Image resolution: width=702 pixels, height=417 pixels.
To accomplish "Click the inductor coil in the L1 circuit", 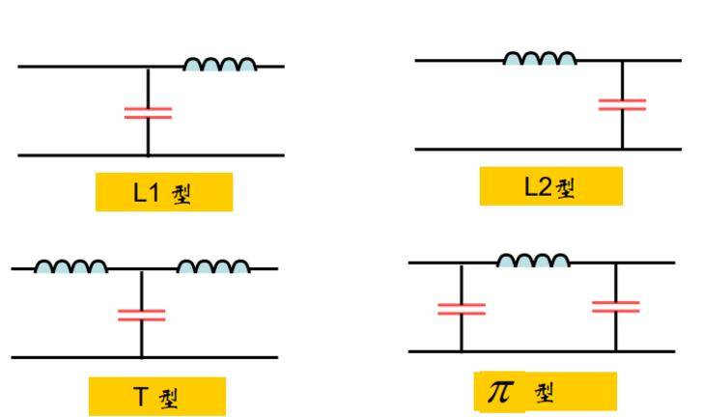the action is coord(220,65).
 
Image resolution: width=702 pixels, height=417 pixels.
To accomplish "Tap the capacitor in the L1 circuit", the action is coord(148,113).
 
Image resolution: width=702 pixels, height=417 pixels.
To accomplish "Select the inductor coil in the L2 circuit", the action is coord(540,59).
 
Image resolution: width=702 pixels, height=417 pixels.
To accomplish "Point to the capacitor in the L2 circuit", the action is coord(622,104).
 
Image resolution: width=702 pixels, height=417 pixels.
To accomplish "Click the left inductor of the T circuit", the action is coord(70,266).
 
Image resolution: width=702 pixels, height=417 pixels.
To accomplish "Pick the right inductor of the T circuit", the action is coord(213,266).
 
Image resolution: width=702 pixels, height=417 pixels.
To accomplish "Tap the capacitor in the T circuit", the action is coord(142,315).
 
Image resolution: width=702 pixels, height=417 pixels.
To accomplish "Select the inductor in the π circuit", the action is coord(533,261).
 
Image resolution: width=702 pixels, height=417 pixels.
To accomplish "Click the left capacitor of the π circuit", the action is coord(462,309).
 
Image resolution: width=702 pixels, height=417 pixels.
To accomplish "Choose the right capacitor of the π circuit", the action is coord(616,307).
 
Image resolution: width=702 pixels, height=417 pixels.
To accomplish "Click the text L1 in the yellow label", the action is coord(147,193).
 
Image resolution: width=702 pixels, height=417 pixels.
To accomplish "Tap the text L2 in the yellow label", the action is coord(538,186).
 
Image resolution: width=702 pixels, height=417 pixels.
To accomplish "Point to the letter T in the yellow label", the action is coord(140,397).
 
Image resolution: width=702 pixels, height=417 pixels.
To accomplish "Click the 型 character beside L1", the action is coord(182,195).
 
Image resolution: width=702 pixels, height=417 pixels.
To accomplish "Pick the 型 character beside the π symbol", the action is coord(544,393).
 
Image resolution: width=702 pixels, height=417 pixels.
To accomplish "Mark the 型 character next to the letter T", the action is coord(169,399).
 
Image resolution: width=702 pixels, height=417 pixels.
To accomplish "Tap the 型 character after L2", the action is coord(566,188).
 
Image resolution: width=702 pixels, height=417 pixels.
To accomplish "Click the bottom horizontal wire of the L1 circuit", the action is coord(151,155).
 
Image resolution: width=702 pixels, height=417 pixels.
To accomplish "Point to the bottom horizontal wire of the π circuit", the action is coord(542,351).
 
